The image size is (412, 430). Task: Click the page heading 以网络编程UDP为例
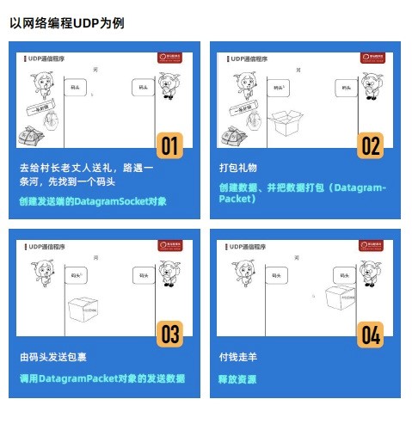[67, 23]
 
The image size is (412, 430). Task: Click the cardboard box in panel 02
[286, 124]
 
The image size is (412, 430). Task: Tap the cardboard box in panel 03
[85, 307]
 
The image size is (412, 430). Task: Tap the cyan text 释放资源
[237, 378]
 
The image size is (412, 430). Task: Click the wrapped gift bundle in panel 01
[35, 134]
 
